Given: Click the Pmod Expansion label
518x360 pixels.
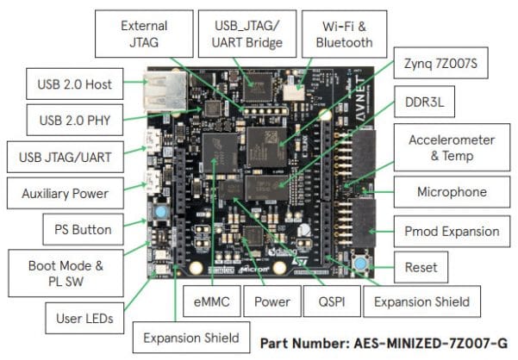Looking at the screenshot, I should click(451, 231).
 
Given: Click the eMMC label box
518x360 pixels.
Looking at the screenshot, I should click(208, 302).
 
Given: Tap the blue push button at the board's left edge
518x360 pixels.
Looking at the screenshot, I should click(161, 211).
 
